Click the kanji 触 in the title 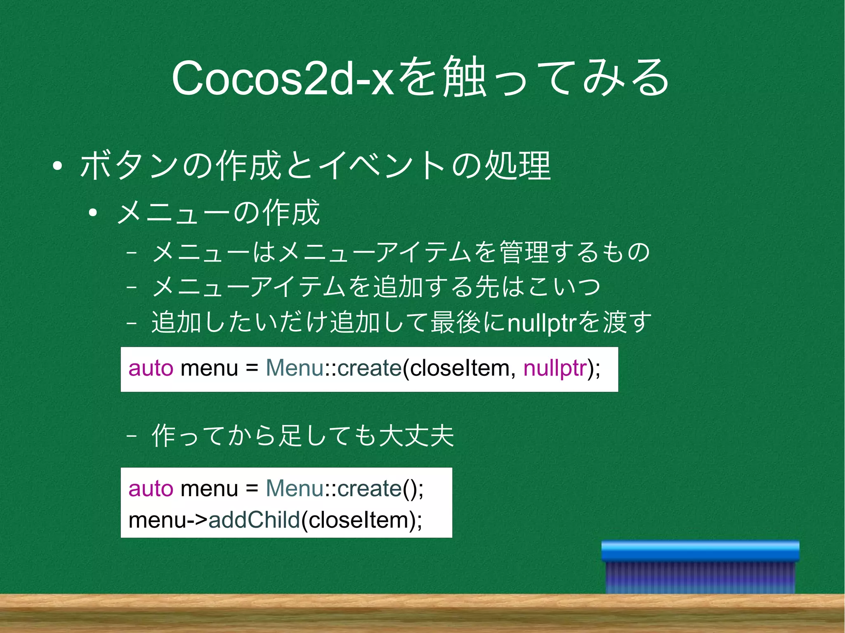[x=463, y=78]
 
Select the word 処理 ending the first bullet [x=518, y=166]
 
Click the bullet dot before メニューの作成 [x=92, y=213]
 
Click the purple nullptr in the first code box [x=555, y=368]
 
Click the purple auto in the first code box [x=151, y=368]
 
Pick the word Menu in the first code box [x=295, y=368]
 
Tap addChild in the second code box [x=254, y=520]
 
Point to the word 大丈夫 [x=417, y=435]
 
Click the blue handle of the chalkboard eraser [x=700, y=551]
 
